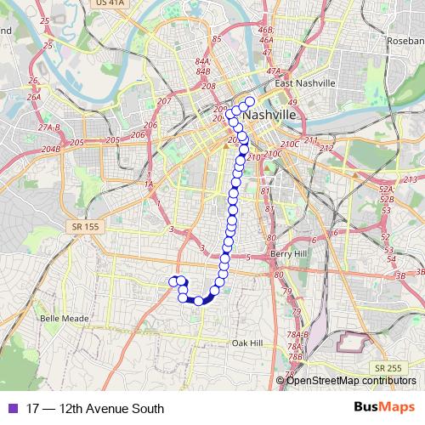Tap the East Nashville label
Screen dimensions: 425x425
point(305,83)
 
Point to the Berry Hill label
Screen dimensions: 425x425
point(287,254)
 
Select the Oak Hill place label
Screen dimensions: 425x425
point(247,343)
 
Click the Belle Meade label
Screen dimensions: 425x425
point(59,319)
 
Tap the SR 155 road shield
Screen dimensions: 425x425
point(78,226)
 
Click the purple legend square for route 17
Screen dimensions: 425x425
point(11,409)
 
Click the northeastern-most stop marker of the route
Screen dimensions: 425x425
point(250,101)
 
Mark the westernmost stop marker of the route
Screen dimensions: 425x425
point(173,281)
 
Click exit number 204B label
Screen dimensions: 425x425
point(51,149)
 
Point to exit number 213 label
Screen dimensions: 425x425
point(411,179)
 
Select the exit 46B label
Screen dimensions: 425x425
point(265,29)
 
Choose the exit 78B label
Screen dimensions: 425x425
point(295,357)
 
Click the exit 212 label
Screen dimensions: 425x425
point(327,148)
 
